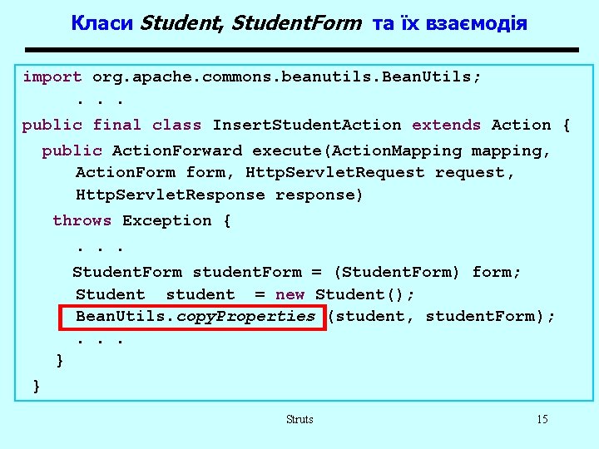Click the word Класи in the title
point(102,23)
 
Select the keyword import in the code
point(52,77)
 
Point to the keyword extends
point(446,126)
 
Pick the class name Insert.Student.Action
point(307,126)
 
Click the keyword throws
point(82,221)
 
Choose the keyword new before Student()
point(290,295)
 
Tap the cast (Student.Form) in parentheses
point(396,273)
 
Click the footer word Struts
point(299,420)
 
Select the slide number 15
point(542,420)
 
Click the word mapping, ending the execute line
point(511,151)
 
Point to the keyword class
point(176,126)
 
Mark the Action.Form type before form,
point(125,173)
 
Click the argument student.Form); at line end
point(490,317)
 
